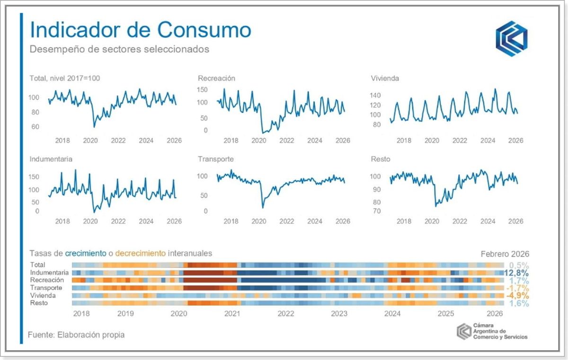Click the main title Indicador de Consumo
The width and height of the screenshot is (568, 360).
(x=140, y=30)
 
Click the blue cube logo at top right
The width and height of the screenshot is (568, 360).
(x=512, y=38)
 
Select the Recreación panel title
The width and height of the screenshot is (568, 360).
(x=216, y=78)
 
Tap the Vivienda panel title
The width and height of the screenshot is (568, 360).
(x=385, y=78)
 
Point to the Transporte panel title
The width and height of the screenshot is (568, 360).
(x=216, y=159)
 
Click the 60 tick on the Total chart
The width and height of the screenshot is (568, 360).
(x=35, y=127)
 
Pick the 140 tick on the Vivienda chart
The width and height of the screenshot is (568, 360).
(x=375, y=96)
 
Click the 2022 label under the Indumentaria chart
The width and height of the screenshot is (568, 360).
(x=118, y=221)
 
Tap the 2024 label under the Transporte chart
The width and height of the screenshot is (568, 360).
(x=315, y=221)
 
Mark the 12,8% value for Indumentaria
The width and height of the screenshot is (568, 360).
(x=516, y=273)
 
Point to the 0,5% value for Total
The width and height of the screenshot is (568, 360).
(x=519, y=265)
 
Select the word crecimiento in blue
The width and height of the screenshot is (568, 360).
(x=86, y=254)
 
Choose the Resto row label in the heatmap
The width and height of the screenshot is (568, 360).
(x=39, y=303)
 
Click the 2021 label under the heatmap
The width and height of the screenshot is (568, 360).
(x=232, y=313)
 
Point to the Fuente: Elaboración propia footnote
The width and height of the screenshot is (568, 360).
(x=76, y=334)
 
